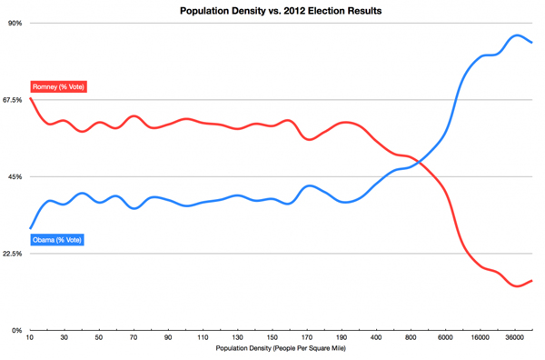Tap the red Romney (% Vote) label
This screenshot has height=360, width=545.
[x=58, y=86]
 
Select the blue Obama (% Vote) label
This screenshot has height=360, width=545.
[x=57, y=240]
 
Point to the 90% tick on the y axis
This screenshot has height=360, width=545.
[x=15, y=23]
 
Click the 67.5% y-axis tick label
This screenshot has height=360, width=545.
[x=12, y=100]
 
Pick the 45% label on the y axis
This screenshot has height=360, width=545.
[x=15, y=176]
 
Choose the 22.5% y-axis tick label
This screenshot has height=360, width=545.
[x=12, y=254]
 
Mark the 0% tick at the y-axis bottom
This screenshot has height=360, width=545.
[x=16, y=330]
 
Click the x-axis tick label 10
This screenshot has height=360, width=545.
[x=30, y=337]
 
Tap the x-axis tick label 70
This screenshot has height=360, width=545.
[x=134, y=337]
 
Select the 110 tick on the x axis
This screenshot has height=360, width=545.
[x=203, y=337]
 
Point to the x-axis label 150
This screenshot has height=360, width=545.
[x=272, y=337]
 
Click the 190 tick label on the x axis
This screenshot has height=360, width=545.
[x=341, y=337]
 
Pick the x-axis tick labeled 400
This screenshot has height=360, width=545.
[x=375, y=337]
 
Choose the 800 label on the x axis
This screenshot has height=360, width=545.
[x=410, y=337]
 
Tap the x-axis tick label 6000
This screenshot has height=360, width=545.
[x=444, y=337]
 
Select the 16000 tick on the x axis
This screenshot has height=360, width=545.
[x=479, y=337]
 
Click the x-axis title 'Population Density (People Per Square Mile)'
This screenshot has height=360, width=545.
[x=282, y=349]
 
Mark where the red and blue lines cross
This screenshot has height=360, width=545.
[x=419, y=162]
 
